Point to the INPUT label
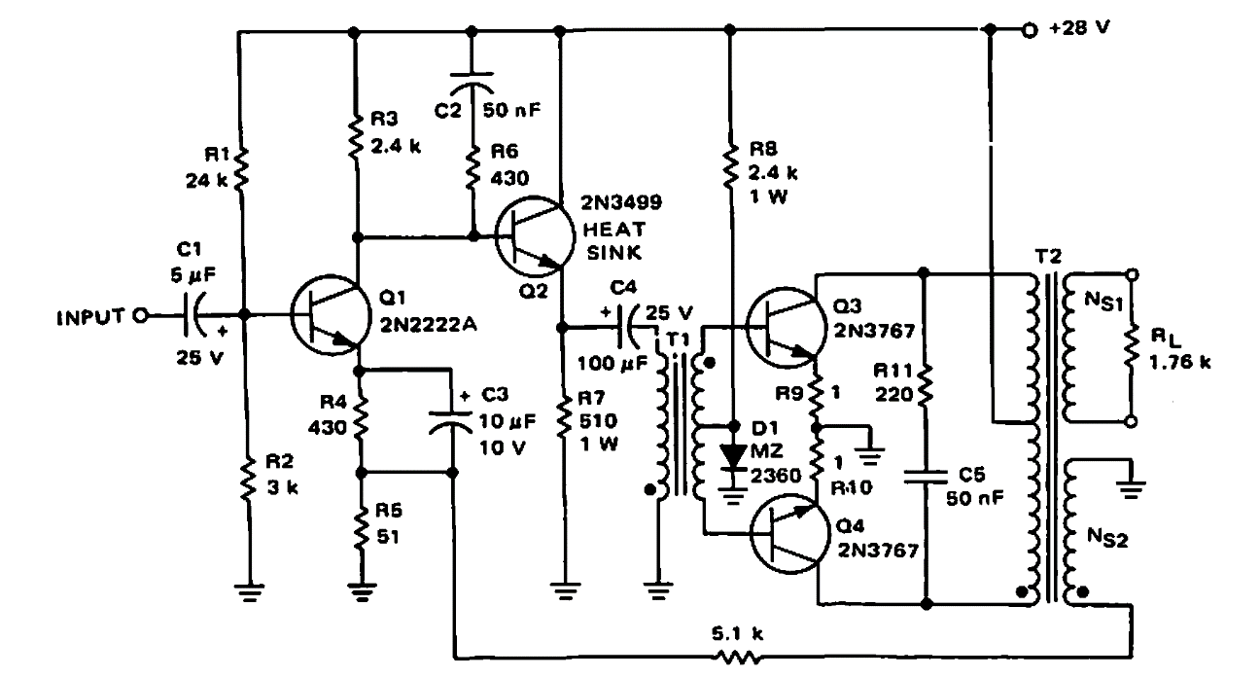pos(90,315)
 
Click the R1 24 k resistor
pos(240,170)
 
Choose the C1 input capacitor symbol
pos(192,315)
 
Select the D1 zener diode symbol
pos(731,455)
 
